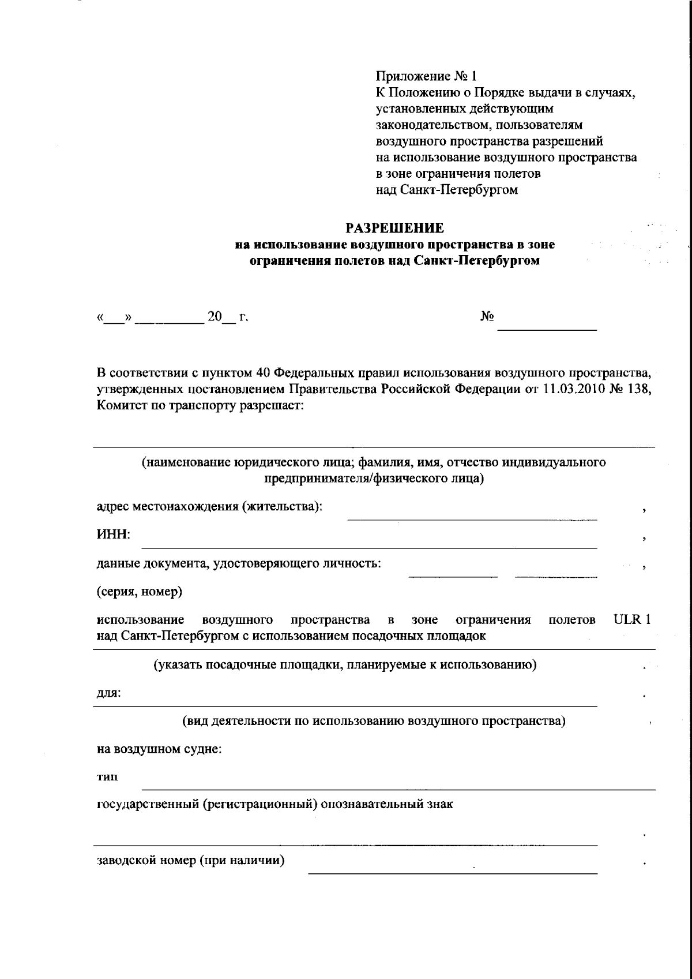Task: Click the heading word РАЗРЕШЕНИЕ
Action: tap(395, 228)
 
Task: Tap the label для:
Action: tap(108, 693)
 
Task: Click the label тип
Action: tap(107, 778)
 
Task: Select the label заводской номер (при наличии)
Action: tap(191, 861)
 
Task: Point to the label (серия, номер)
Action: tap(140, 592)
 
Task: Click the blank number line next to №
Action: tap(547, 328)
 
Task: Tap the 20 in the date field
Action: tap(215, 317)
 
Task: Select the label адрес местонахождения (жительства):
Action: tap(209, 507)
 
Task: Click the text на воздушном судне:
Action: tap(159, 749)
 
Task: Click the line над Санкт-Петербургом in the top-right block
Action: tap(446, 189)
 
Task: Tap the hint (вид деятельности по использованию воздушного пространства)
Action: tap(374, 721)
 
